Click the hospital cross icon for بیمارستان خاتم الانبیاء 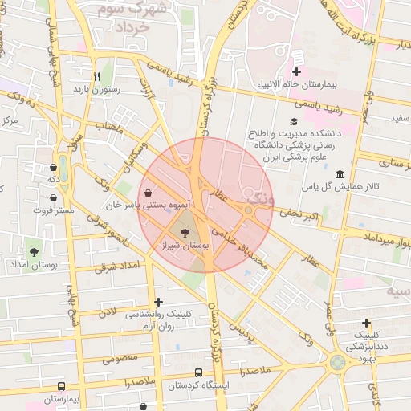(x=296, y=72)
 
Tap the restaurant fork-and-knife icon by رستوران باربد (x=96, y=76)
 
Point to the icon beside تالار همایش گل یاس (x=340, y=175)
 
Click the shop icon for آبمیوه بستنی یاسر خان (x=149, y=193)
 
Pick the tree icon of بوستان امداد (x=34, y=252)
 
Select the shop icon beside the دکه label (x=53, y=167)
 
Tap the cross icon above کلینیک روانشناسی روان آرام (x=158, y=303)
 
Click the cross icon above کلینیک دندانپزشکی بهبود (x=366, y=322)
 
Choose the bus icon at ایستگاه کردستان (x=198, y=372)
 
